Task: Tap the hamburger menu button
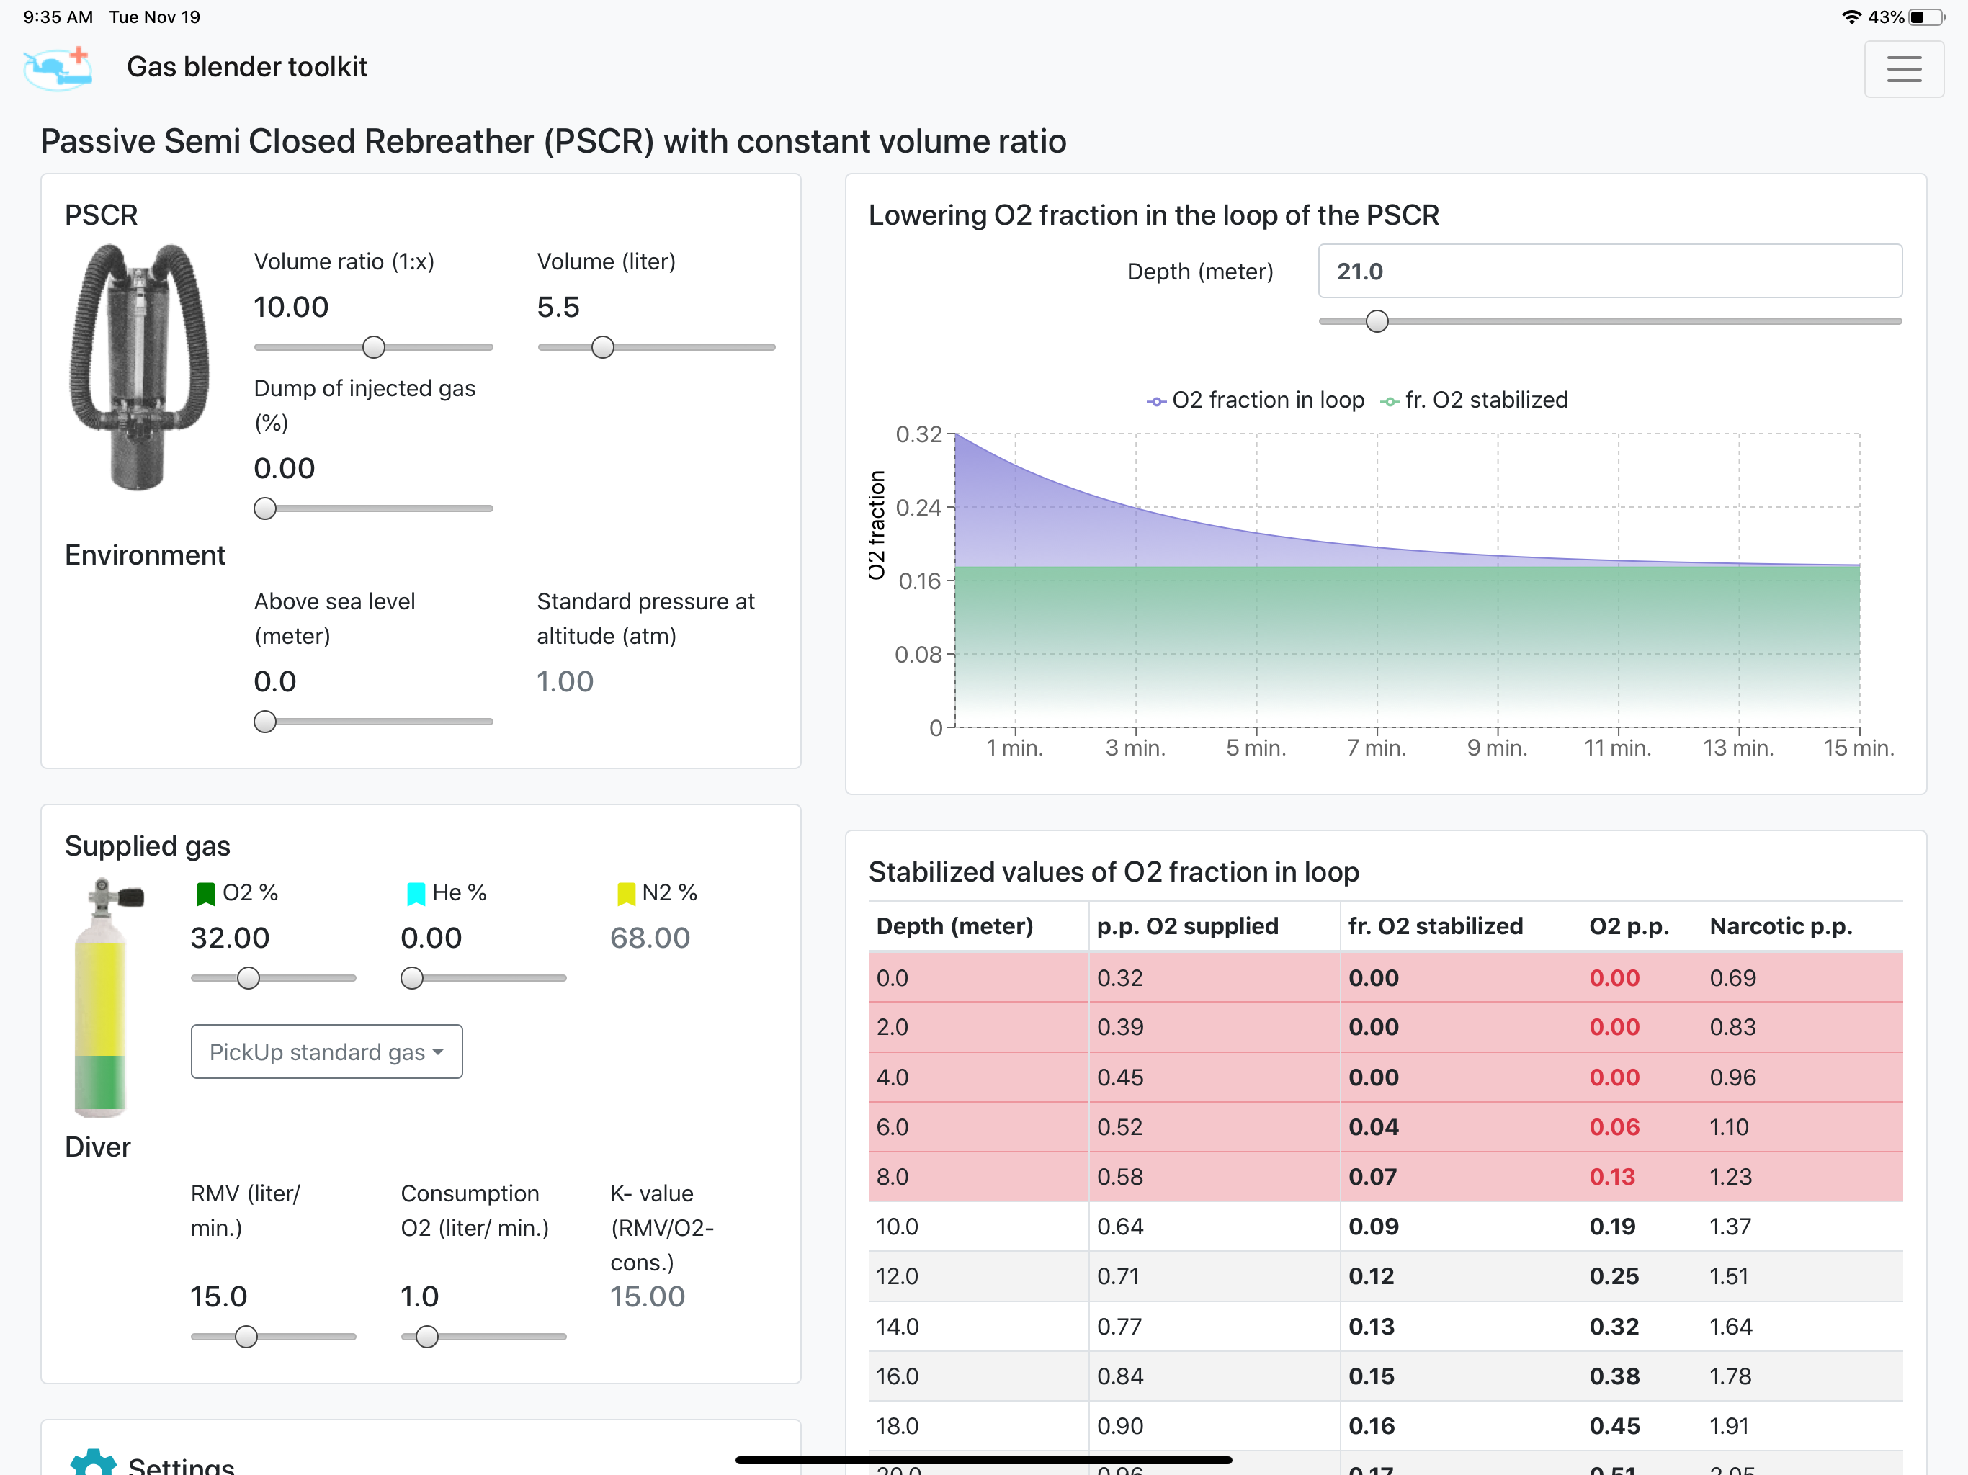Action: pyautogui.click(x=1903, y=68)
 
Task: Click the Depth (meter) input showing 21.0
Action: pyautogui.click(x=1609, y=272)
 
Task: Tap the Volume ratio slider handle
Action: pyautogui.click(x=374, y=347)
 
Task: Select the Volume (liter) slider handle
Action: pyautogui.click(x=602, y=347)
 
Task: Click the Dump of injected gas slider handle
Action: pyautogui.click(x=265, y=509)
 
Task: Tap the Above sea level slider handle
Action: pyautogui.click(x=265, y=722)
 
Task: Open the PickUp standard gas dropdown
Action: pyautogui.click(x=326, y=1052)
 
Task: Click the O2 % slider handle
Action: pyautogui.click(x=249, y=979)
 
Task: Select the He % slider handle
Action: pyautogui.click(x=412, y=979)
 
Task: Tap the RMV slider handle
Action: pyautogui.click(x=246, y=1336)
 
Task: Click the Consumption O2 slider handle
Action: pyautogui.click(x=427, y=1336)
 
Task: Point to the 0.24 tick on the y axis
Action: pyautogui.click(x=918, y=508)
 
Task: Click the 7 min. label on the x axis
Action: pyautogui.click(x=1377, y=748)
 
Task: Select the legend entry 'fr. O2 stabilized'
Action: pyautogui.click(x=1475, y=400)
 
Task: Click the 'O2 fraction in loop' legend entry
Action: pyautogui.click(x=1256, y=400)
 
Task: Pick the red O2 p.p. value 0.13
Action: pyautogui.click(x=1612, y=1177)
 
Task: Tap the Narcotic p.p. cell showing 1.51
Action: pyautogui.click(x=1730, y=1277)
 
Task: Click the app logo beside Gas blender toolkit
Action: pyautogui.click(x=58, y=68)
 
